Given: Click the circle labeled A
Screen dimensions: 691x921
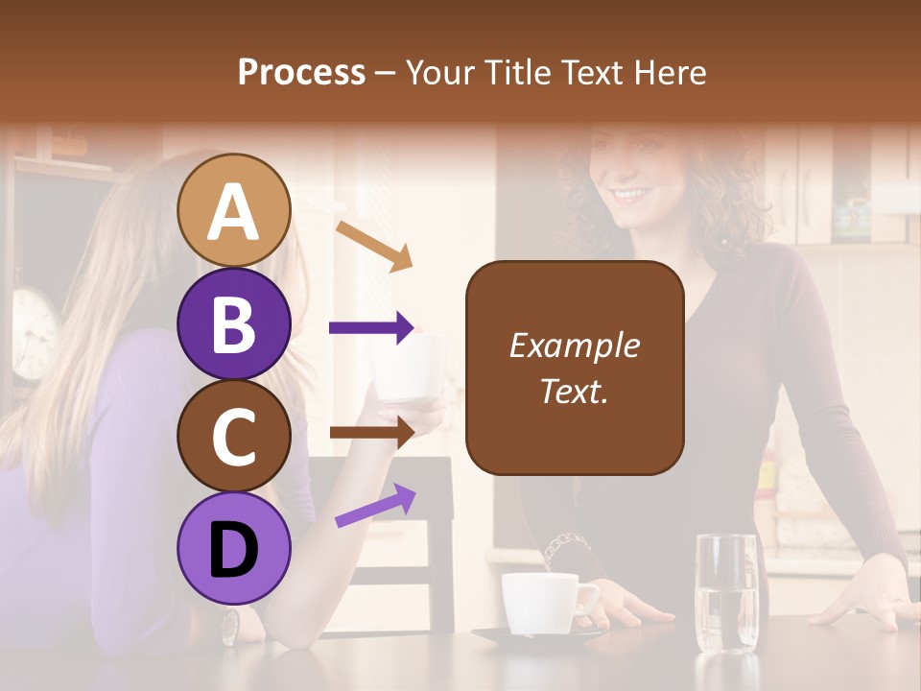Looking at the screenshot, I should [234, 210].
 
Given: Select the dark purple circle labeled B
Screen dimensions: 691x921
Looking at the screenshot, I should [234, 323].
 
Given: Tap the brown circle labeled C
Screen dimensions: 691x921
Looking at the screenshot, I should [234, 436].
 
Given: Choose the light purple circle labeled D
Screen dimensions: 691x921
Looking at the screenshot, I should [234, 548].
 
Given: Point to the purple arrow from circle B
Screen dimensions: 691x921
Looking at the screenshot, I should [372, 327].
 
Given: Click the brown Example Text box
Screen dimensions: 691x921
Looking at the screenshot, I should [575, 368].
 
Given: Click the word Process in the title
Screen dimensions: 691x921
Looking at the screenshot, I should [301, 72].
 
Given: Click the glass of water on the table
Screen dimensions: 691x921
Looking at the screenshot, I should [726, 592].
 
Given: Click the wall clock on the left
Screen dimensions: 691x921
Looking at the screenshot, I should [35, 330].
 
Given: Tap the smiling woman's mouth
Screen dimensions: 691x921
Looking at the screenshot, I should [631, 195].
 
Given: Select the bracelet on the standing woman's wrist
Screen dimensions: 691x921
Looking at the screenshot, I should [560, 549].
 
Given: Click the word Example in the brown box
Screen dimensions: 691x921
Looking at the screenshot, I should [574, 345].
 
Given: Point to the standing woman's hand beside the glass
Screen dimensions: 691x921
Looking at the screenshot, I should [867, 595].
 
